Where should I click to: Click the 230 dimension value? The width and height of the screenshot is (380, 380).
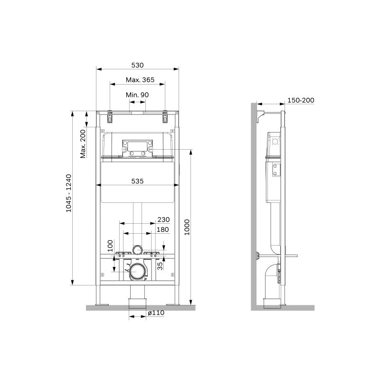click(x=163, y=219)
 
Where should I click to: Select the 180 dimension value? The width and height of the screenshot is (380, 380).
click(x=163, y=230)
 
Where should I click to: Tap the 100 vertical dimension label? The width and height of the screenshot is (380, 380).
click(x=110, y=245)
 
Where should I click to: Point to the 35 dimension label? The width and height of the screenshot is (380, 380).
click(x=160, y=266)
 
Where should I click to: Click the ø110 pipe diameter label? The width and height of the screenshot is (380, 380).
click(x=155, y=313)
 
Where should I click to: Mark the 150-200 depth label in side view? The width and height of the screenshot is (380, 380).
click(x=301, y=100)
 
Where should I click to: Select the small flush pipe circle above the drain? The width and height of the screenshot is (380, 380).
click(x=138, y=249)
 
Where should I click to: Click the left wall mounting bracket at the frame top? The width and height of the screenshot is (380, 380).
click(x=110, y=116)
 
